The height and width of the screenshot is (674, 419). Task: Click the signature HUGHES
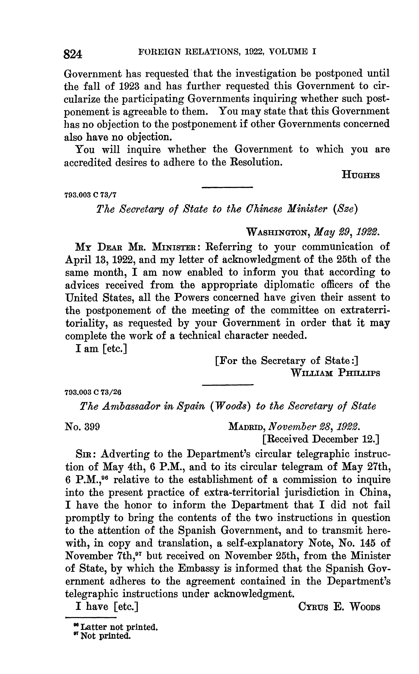tap(361, 175)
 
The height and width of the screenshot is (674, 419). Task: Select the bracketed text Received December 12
tap(320, 439)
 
